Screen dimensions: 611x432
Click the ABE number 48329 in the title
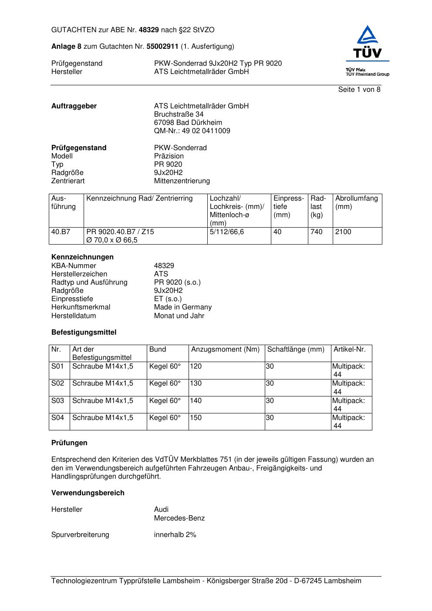pyautogui.click(x=149, y=30)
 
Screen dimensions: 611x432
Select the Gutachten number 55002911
pyautogui.click(x=162, y=47)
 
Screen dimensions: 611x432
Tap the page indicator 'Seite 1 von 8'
pyautogui.click(x=359, y=90)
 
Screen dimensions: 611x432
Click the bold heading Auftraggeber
pyautogui.click(x=74, y=106)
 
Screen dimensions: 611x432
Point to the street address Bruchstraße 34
pyautogui.click(x=179, y=114)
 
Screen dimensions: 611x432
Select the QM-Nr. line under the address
pyautogui.click(x=192, y=131)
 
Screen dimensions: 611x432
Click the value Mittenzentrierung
pyautogui.click(x=182, y=181)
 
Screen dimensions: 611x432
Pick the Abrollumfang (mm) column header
pyautogui.click(x=356, y=202)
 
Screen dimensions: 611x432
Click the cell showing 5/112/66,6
pyautogui.click(x=226, y=232)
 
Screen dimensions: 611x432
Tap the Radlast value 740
pyautogui.click(x=317, y=232)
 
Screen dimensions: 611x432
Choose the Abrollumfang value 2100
pyautogui.click(x=343, y=232)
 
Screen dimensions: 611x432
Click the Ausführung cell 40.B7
pyautogui.click(x=61, y=232)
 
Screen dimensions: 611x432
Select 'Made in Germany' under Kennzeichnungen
pyautogui.click(x=182, y=307)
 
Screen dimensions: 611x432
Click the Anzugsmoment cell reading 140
pyautogui.click(x=196, y=401)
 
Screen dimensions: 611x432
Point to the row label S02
pyautogui.click(x=57, y=383)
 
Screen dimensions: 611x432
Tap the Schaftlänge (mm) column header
pyautogui.click(x=296, y=349)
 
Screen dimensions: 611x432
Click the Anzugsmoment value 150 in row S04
pyautogui.click(x=196, y=418)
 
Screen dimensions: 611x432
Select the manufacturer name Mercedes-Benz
pyautogui.click(x=179, y=518)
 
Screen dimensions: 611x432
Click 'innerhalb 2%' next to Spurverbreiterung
pyautogui.click(x=175, y=535)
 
